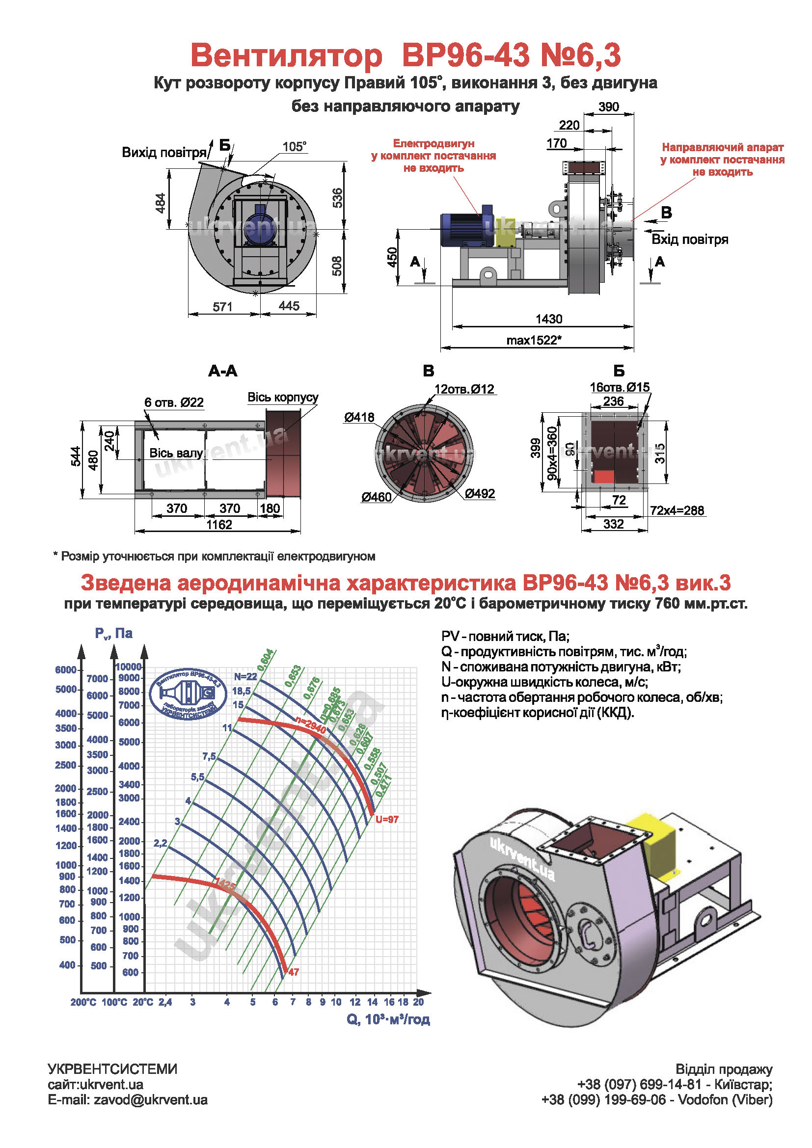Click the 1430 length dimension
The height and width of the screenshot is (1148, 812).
(548, 319)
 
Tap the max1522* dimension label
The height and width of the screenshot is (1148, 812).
(534, 341)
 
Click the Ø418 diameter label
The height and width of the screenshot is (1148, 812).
(358, 417)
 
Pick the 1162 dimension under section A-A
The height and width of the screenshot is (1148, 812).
(219, 525)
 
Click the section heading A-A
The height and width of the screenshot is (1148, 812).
(222, 371)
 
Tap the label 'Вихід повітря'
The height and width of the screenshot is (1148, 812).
(164, 153)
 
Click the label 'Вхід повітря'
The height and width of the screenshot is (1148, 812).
(689, 240)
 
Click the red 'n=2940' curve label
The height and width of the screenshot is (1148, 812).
(310, 725)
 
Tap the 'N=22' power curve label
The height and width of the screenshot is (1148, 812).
(245, 676)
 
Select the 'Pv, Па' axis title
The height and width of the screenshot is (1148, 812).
(113, 634)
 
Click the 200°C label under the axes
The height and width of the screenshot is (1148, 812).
(83, 1002)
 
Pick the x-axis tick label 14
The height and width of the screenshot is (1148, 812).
(372, 1002)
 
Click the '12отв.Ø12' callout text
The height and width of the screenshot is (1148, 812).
(464, 389)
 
